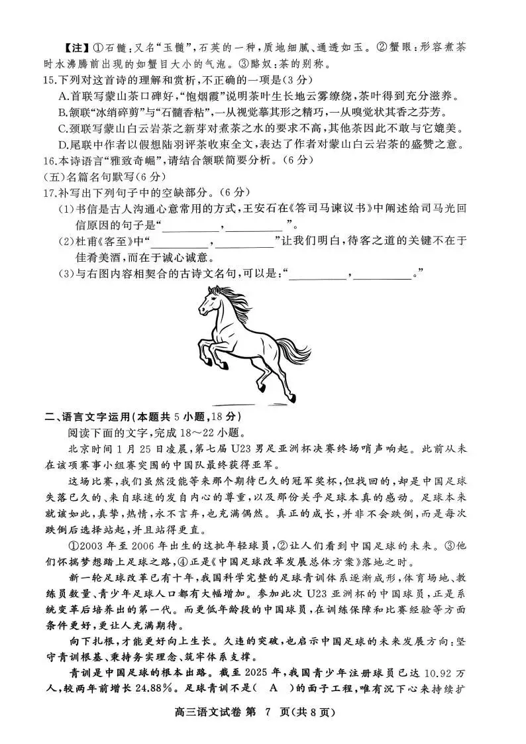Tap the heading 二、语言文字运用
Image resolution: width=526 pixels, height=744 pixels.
[86, 417]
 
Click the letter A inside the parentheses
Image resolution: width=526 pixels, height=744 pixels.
[273, 688]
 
